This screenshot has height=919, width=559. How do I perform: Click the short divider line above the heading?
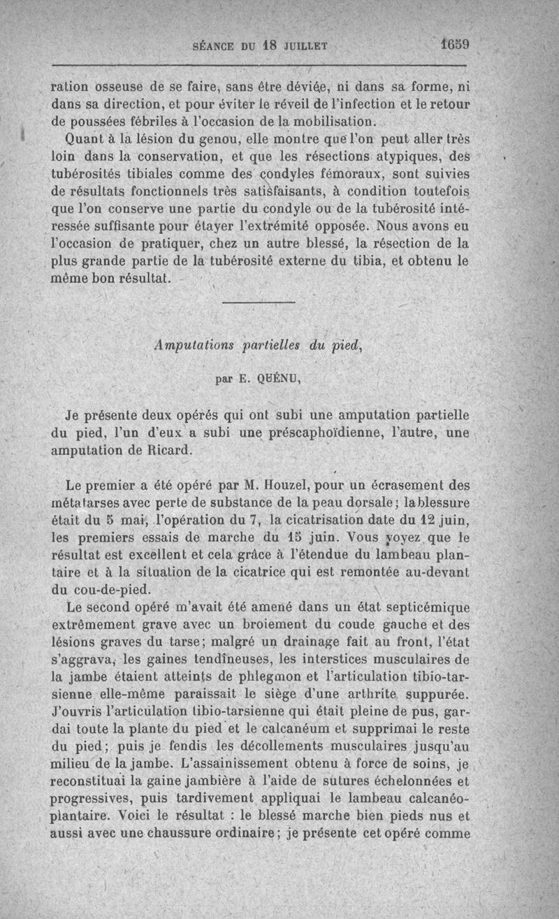tap(258, 301)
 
